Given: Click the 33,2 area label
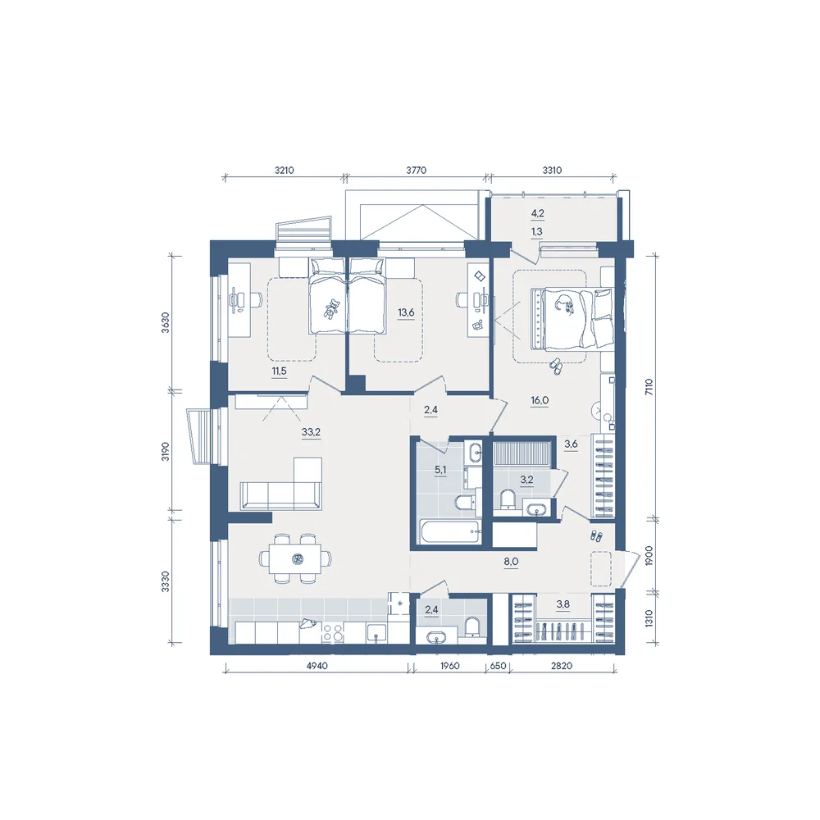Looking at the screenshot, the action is [x=311, y=432].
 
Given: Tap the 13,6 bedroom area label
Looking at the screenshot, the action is [x=406, y=312].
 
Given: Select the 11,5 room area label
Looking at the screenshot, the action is [x=279, y=371].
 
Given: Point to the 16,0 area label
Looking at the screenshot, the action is [x=540, y=401].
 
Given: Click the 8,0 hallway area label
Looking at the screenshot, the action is [x=511, y=562].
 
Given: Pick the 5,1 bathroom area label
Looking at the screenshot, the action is [x=440, y=470].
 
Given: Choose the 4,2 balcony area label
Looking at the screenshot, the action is [x=537, y=213].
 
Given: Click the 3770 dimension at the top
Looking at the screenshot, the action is [x=417, y=170].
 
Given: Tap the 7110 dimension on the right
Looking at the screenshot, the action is [x=649, y=386].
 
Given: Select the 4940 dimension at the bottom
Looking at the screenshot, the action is [x=317, y=666].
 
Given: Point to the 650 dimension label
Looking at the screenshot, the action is [x=498, y=666].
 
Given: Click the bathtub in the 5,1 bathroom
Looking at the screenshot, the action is [x=449, y=531].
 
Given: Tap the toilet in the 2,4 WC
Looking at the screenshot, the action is [x=471, y=626].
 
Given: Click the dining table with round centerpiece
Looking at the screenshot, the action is [x=295, y=558].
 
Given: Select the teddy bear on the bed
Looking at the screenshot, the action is [x=331, y=308].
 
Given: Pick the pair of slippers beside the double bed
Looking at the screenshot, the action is [x=555, y=366].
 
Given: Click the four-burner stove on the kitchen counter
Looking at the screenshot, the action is [x=333, y=633].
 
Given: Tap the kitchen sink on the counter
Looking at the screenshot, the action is [x=376, y=633].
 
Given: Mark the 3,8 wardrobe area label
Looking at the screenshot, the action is [x=563, y=604].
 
